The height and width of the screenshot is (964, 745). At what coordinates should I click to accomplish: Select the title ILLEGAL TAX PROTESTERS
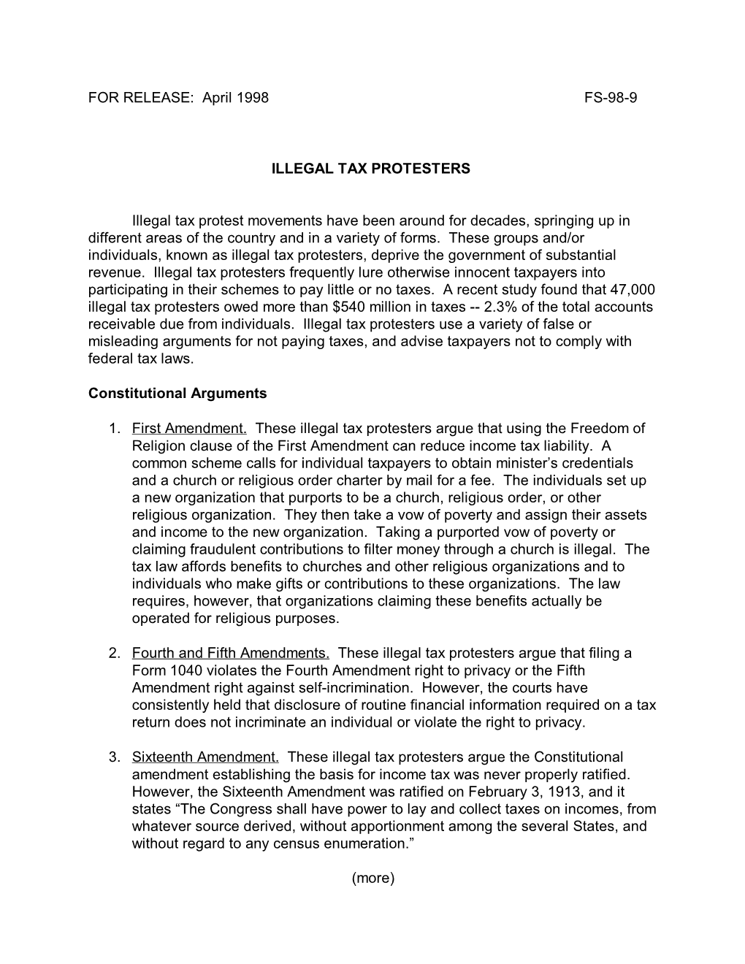[371, 169]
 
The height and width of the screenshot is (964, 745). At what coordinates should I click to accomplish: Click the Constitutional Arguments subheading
[177, 394]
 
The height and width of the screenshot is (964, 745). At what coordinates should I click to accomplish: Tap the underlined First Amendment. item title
[189, 429]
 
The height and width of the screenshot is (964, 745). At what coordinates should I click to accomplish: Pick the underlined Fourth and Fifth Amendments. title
[231, 654]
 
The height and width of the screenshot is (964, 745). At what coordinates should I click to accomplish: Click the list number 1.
[114, 429]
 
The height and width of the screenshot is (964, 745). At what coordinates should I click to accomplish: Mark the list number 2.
[114, 654]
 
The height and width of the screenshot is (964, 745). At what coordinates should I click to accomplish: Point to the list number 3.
[114, 757]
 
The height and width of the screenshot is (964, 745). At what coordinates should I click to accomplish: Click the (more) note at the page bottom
[372, 879]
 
